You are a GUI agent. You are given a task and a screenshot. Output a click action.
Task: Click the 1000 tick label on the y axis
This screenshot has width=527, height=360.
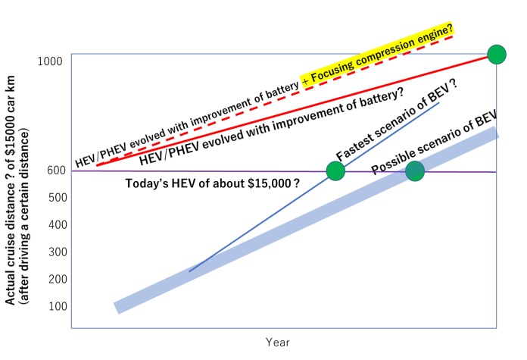(50, 61)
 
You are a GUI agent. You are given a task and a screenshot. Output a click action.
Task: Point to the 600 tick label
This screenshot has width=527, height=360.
(56, 171)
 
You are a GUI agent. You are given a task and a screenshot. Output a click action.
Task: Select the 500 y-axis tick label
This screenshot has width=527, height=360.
(58, 198)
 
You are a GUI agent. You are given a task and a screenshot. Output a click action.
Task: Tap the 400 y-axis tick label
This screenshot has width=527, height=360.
(58, 225)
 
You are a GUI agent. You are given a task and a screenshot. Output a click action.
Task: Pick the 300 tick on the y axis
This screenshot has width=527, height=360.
(58, 252)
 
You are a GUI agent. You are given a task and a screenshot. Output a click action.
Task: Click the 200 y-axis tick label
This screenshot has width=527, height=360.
(58, 279)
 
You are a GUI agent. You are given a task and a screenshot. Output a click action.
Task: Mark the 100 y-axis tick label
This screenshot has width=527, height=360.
(58, 306)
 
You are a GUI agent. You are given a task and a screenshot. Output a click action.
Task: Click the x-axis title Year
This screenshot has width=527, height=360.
(278, 343)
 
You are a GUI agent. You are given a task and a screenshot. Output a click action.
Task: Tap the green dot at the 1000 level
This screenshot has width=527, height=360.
(497, 55)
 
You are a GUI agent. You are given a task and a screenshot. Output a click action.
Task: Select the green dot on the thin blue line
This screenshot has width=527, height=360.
(335, 171)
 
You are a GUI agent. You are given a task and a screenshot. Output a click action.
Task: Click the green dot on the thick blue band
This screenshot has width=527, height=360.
(415, 171)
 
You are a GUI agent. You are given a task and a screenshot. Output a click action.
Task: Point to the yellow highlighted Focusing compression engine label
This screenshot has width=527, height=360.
(377, 55)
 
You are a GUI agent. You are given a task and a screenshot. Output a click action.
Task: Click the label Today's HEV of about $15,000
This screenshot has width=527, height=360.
(212, 183)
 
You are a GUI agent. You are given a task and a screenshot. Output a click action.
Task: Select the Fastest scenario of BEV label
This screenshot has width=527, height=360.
(398, 121)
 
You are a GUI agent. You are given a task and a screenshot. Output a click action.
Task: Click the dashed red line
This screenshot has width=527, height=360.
(275, 101)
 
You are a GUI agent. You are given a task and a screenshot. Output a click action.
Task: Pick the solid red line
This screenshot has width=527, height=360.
(297, 110)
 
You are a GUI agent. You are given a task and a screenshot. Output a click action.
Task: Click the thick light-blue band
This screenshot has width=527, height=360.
(306, 220)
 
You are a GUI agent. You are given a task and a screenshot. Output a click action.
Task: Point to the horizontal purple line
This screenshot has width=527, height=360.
(284, 171)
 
